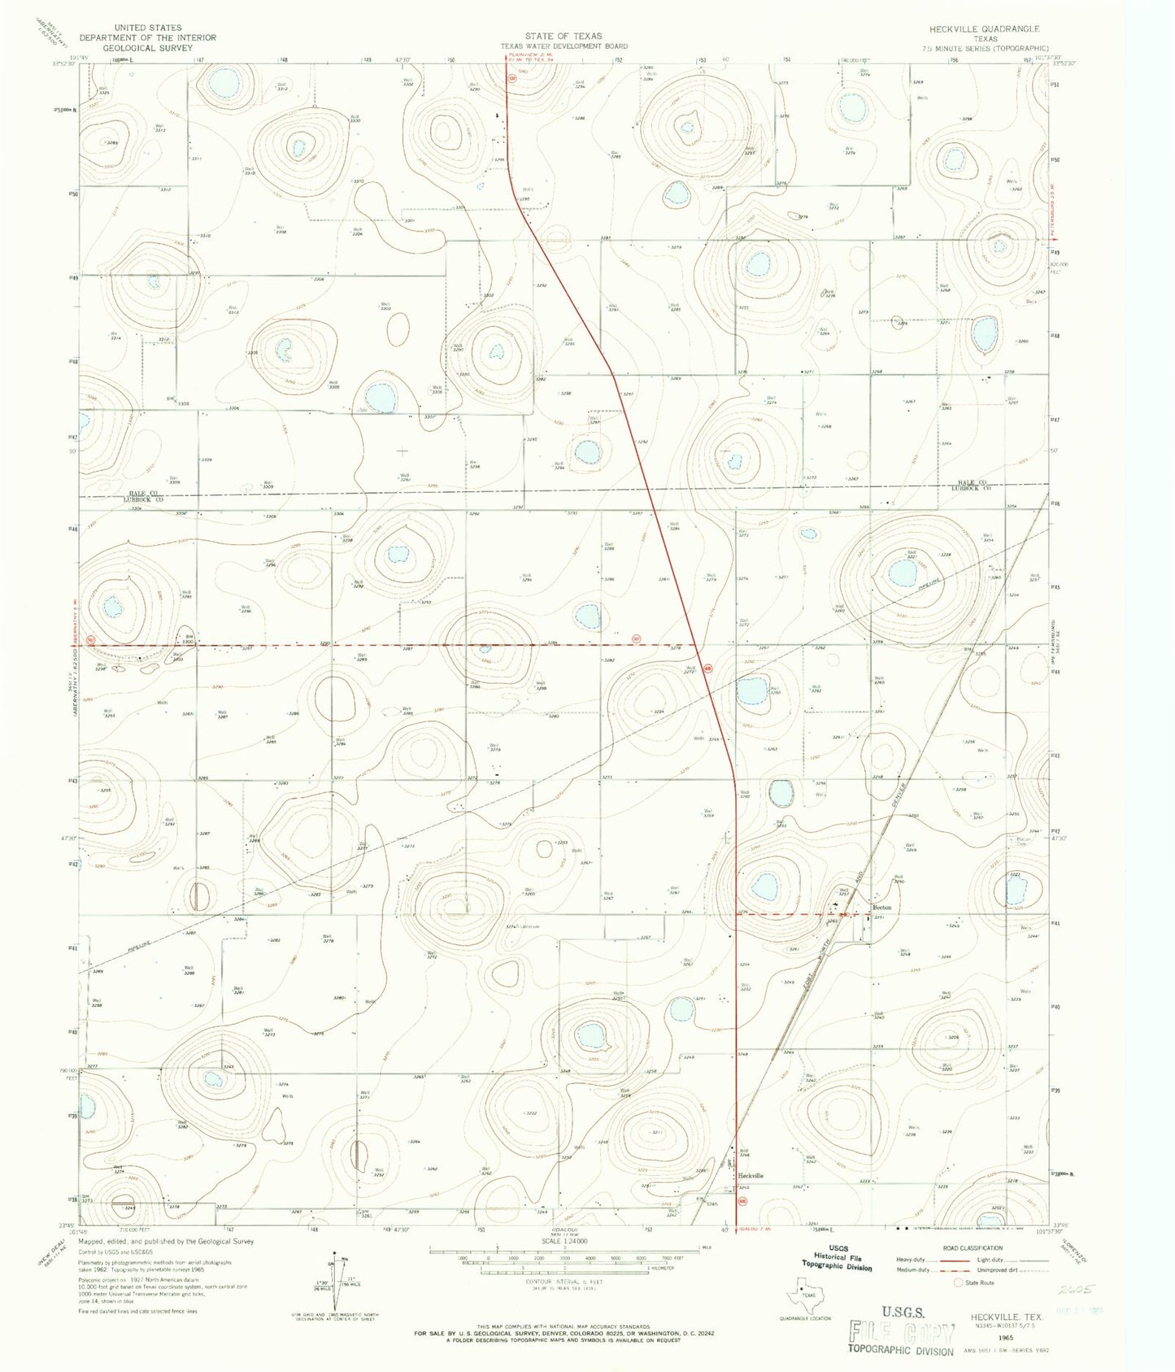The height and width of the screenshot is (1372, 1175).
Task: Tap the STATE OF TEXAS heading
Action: (x=564, y=36)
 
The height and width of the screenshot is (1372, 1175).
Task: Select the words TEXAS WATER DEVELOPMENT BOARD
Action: (x=564, y=46)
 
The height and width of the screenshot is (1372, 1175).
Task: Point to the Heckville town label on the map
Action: (x=751, y=1176)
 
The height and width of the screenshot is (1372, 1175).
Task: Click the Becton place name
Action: (x=881, y=907)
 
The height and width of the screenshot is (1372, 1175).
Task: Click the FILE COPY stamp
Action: (x=903, y=1331)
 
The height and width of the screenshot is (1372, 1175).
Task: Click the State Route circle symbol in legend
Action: (x=959, y=1283)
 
